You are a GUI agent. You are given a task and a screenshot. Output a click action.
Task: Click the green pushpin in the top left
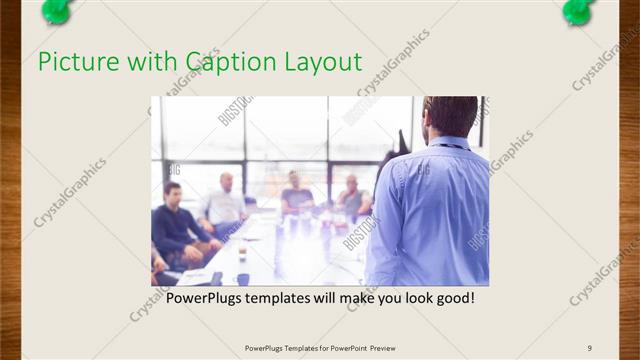(x=56, y=11)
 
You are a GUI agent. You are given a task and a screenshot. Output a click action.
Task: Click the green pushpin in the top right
(x=578, y=11)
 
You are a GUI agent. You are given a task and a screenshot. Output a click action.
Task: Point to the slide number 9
(x=590, y=348)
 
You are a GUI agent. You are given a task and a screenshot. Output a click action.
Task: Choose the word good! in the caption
(x=453, y=298)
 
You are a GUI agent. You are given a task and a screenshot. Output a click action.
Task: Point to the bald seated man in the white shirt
(x=226, y=204)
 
